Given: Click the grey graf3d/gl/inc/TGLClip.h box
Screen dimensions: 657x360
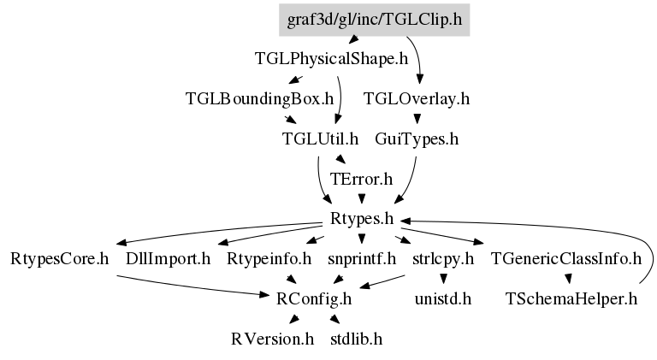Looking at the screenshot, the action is pos(374,20).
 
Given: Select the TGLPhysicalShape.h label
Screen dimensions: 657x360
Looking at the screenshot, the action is pos(331,59).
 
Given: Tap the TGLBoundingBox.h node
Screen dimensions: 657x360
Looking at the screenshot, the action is pos(259,99).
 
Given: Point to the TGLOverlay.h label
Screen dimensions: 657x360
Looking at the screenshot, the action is pos(417,99).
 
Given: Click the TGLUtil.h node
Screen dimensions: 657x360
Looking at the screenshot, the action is pos(320,139).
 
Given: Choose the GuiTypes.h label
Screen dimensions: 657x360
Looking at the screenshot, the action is pos(417,139).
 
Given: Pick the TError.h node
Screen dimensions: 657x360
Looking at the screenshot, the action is pos(361,179).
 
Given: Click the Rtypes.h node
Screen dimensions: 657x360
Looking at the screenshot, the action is pos(362,219).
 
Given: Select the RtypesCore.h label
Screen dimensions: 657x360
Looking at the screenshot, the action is pos(60,259).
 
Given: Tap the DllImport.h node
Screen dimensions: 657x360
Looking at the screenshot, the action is pos(168,259).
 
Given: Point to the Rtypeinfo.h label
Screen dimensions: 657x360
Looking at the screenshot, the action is pos(269,259).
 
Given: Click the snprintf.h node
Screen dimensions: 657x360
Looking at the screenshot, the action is pos(362,259).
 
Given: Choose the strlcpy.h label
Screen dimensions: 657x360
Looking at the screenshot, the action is pos(443,259).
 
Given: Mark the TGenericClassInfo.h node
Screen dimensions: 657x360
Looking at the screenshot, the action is pos(566,259).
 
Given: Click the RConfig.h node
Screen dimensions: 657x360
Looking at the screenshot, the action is pos(314,299).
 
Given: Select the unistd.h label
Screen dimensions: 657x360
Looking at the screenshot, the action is pos(443,299).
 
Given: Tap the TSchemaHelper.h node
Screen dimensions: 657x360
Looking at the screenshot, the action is pos(571,299).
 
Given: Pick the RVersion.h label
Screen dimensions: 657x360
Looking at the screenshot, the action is pos(272,339).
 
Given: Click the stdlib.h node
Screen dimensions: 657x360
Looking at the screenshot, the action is pos(356,339).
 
